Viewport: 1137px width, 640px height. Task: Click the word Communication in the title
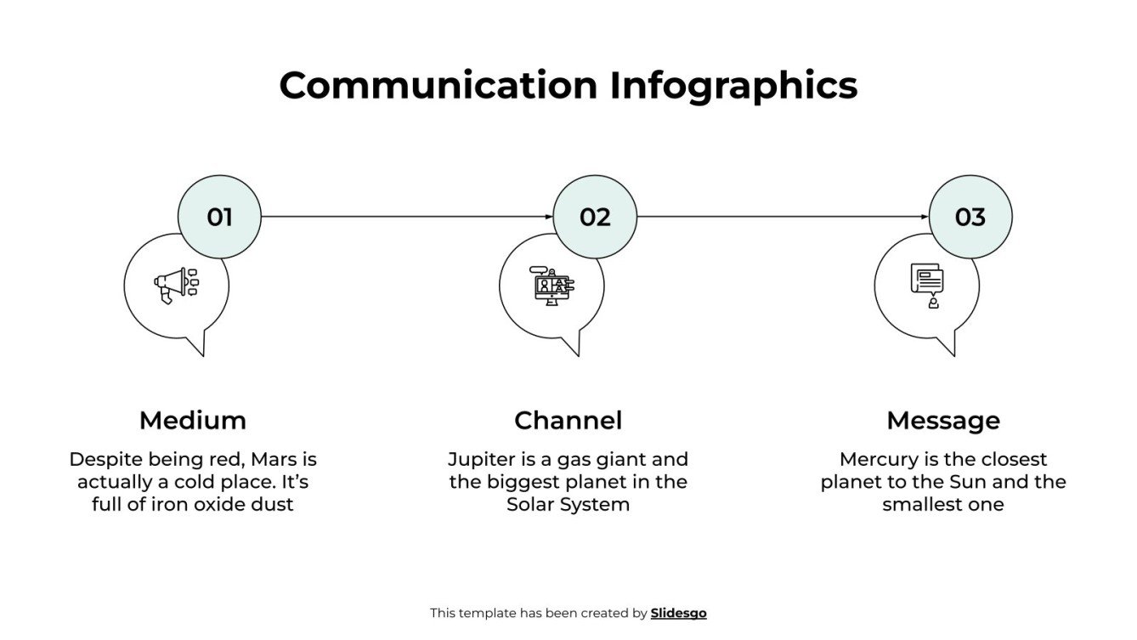[438, 86]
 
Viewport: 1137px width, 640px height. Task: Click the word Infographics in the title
[733, 86]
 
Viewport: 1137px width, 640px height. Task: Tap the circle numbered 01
[219, 217]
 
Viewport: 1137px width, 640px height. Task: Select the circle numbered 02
[595, 217]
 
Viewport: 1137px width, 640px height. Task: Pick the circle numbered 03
[970, 217]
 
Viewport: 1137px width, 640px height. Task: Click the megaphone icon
[175, 285]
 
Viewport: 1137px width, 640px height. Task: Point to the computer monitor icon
[552, 285]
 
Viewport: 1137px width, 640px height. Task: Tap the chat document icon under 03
[927, 285]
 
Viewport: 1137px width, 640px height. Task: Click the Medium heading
[193, 420]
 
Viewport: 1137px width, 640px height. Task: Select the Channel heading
[568, 420]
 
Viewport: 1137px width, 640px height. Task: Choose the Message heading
[942, 420]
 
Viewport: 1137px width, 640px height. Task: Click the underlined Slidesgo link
[678, 613]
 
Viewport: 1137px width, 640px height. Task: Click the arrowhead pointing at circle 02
[549, 217]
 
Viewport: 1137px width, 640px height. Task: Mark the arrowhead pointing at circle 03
[925, 217]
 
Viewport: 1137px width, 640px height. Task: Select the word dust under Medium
[274, 504]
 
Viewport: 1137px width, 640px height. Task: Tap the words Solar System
[568, 504]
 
